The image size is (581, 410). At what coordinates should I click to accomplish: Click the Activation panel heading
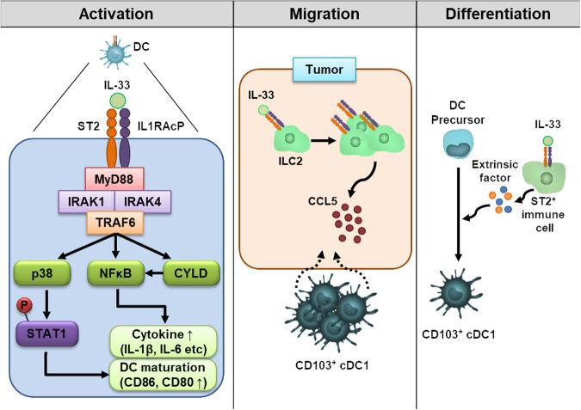(115, 13)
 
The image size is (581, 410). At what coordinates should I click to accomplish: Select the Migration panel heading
(324, 13)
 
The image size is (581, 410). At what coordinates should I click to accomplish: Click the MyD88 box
(115, 178)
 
